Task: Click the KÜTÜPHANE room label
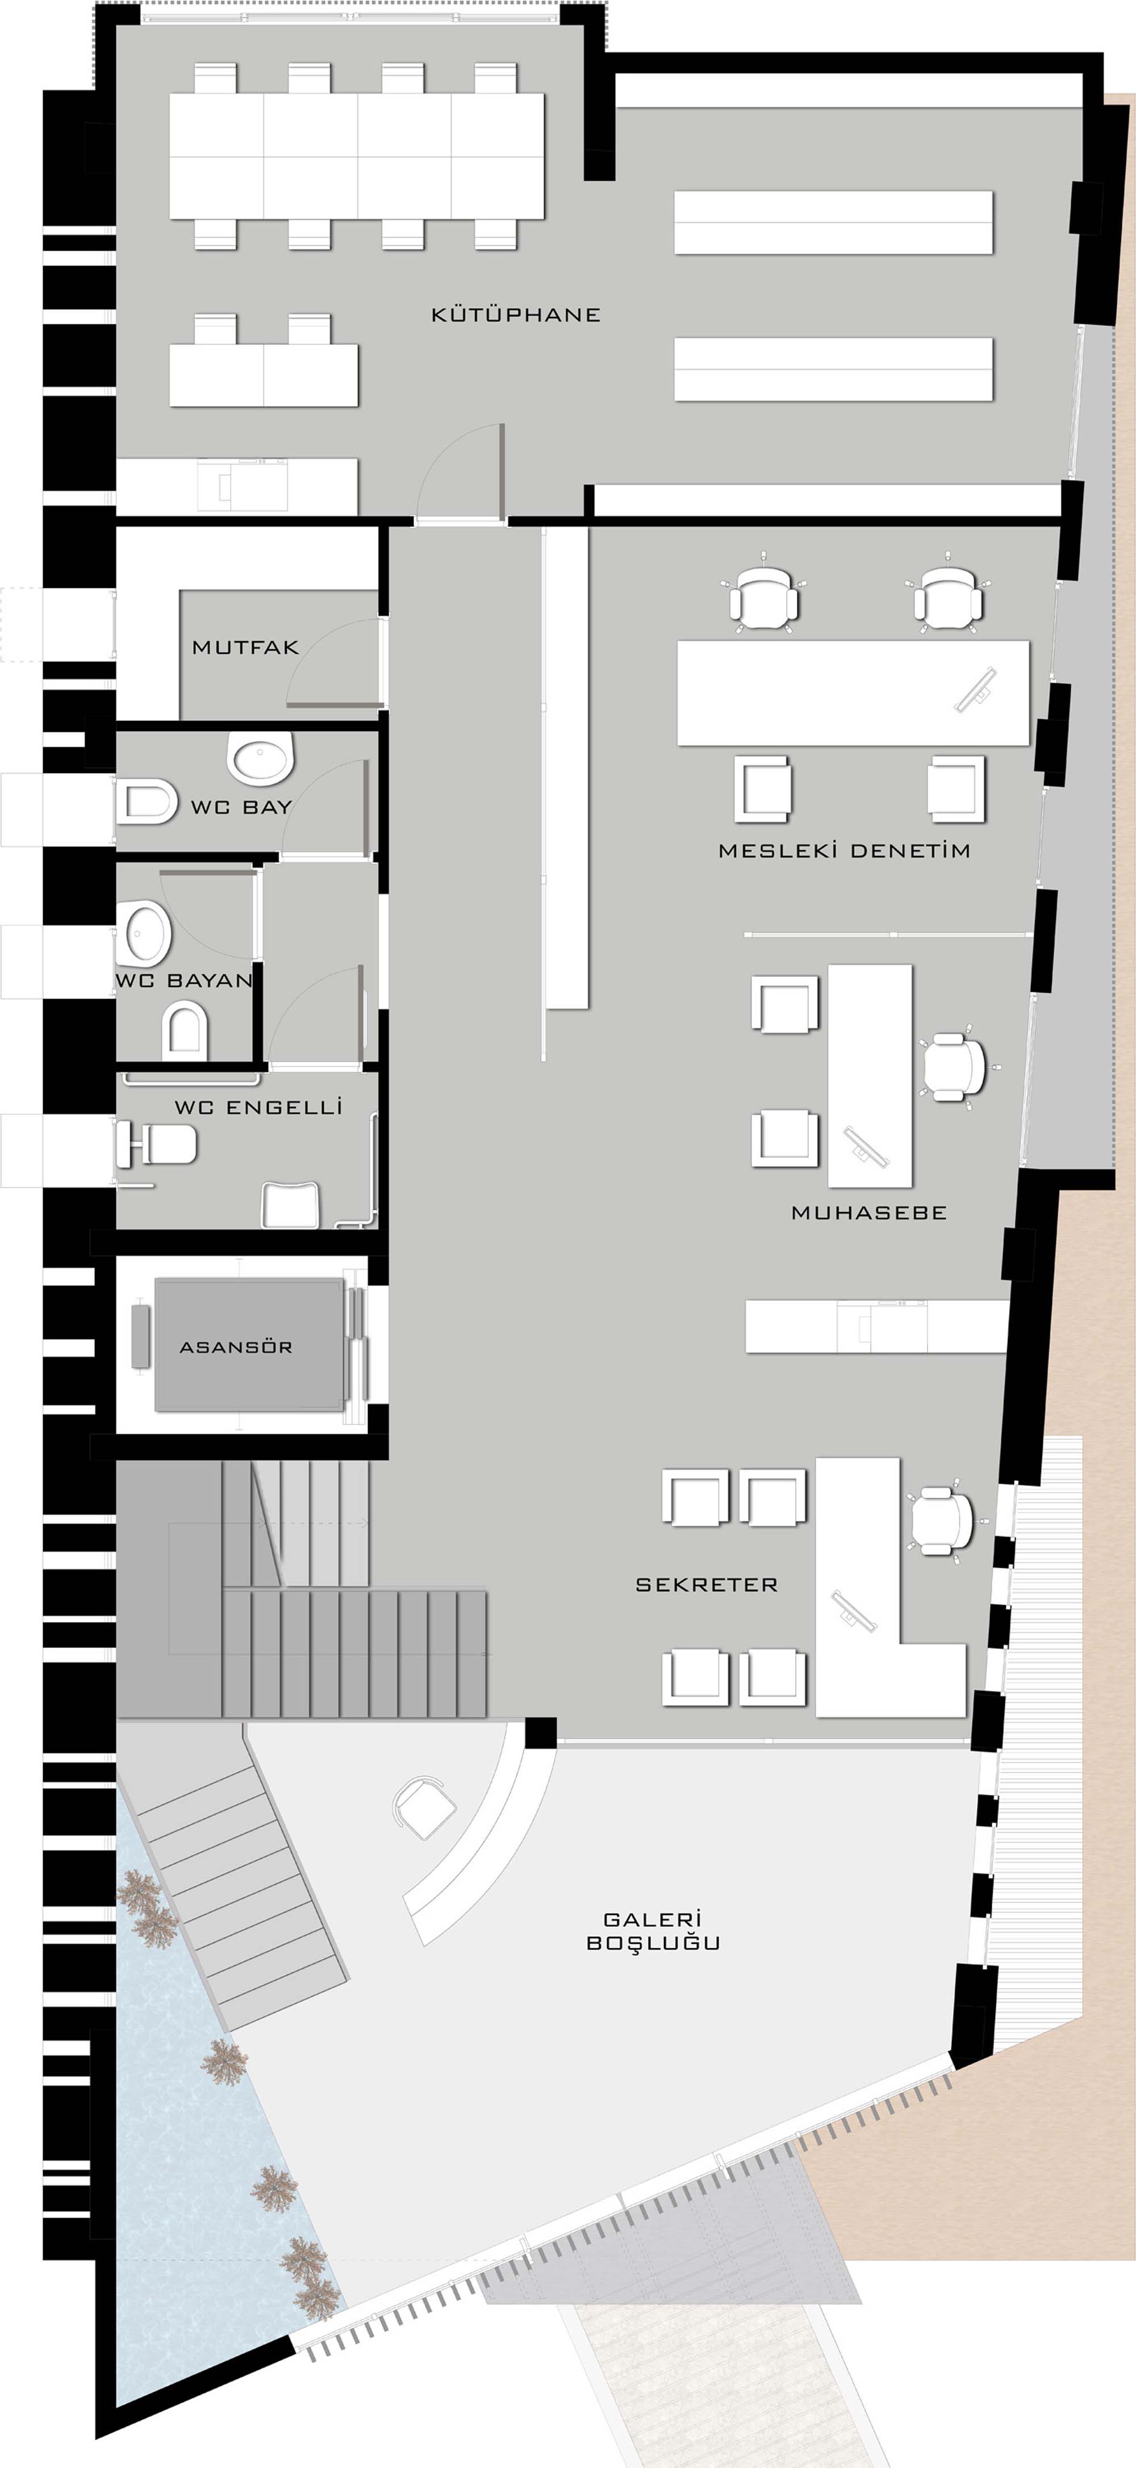point(515,314)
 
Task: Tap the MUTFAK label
point(245,648)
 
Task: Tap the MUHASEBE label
point(869,1212)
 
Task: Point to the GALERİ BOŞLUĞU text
point(652,1931)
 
